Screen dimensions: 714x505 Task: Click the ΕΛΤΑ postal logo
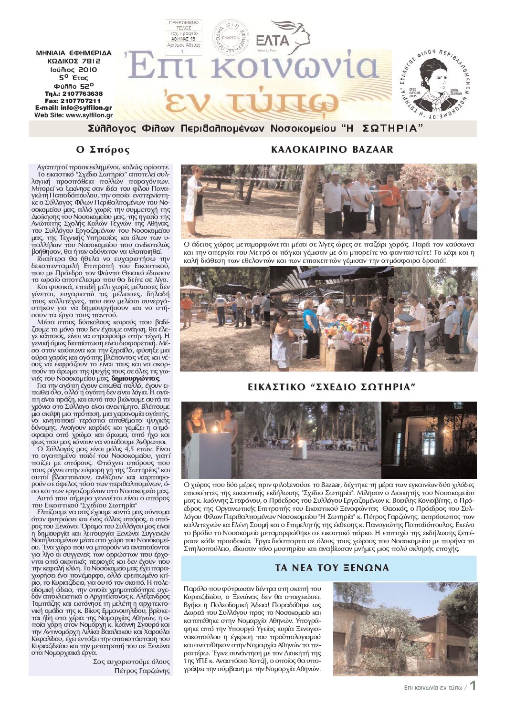pyautogui.click(x=282, y=38)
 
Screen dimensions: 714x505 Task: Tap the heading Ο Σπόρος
pyautogui.click(x=103, y=150)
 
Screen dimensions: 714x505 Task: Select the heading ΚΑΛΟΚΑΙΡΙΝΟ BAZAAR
pyautogui.click(x=332, y=150)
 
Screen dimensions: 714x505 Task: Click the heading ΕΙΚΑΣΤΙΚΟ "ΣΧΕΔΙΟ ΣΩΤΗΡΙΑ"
pyautogui.click(x=332, y=387)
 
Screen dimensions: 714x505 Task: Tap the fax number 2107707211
pyautogui.click(x=79, y=101)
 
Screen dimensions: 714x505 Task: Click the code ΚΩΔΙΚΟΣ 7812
pyautogui.click(x=74, y=61)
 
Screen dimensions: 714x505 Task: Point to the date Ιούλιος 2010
pyautogui.click(x=74, y=69)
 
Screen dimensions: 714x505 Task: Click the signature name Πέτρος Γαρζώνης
pyautogui.click(x=142, y=671)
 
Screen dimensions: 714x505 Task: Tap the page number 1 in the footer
pyautogui.click(x=473, y=685)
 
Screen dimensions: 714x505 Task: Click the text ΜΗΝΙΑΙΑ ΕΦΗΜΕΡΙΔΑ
pyautogui.click(x=74, y=53)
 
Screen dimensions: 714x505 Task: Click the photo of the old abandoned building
pyautogui.click(x=405, y=629)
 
